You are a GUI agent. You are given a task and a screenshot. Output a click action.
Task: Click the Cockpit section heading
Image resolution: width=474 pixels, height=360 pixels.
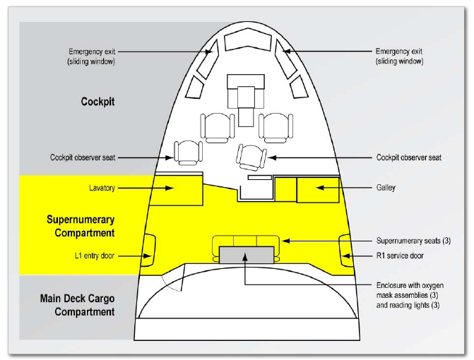97,102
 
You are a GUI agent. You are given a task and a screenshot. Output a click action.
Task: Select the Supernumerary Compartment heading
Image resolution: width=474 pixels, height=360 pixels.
81,226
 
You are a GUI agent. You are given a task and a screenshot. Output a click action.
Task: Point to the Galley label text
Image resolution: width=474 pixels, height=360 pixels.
386,188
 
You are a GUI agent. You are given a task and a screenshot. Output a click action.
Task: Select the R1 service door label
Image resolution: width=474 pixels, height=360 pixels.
398,256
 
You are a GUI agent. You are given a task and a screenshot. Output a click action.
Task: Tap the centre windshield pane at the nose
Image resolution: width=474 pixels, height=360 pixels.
245,42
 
